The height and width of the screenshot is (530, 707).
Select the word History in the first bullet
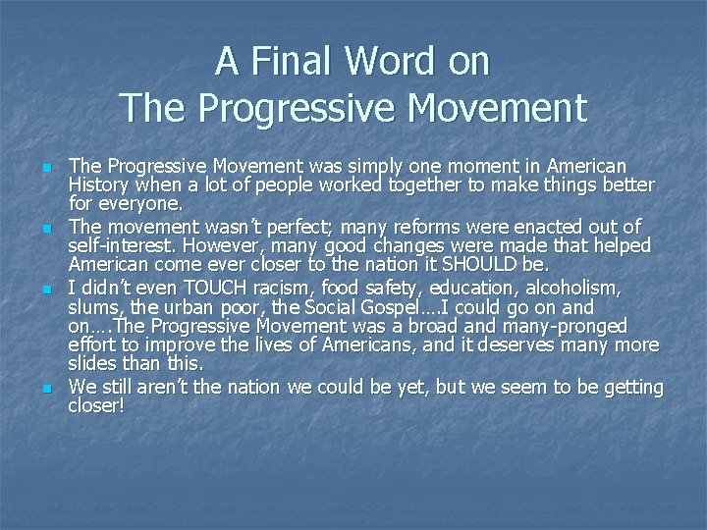click(x=98, y=185)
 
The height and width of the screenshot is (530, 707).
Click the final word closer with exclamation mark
click(x=96, y=406)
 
